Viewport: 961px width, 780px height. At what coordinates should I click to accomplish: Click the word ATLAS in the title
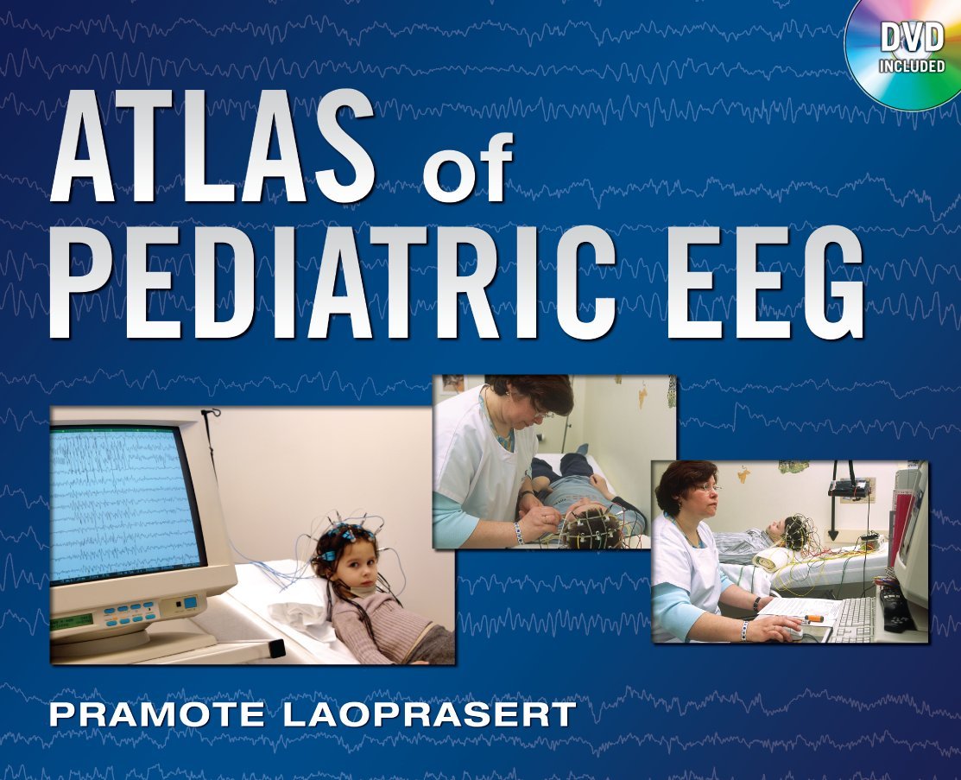coord(212,145)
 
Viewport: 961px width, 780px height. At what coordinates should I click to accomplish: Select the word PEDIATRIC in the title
coord(332,282)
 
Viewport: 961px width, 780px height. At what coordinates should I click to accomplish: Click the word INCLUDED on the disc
coord(912,66)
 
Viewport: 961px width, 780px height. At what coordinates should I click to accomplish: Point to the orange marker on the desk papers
coord(813,618)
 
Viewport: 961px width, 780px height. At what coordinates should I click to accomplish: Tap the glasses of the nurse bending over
coord(541,413)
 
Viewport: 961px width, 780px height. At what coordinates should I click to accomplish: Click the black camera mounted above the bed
coord(847,488)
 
